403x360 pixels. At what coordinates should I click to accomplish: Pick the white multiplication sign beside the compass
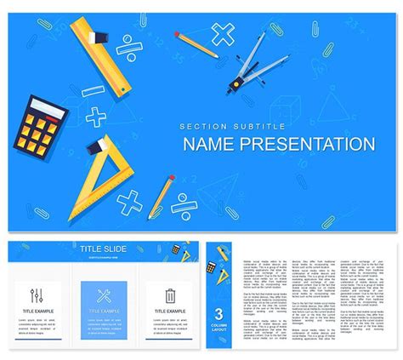(x=224, y=35)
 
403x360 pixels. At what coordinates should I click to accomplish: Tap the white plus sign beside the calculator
(x=95, y=117)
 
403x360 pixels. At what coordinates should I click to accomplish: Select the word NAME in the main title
(x=212, y=144)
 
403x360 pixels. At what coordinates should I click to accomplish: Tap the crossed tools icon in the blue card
(x=104, y=296)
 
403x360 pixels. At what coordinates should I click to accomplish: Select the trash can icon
(x=170, y=296)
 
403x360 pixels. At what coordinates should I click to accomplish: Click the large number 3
(x=219, y=312)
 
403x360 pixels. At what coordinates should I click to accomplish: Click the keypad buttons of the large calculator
(x=46, y=129)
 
